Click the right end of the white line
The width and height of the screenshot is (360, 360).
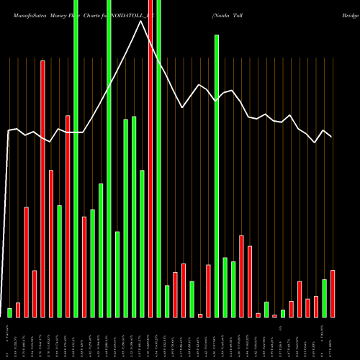pos(332,136)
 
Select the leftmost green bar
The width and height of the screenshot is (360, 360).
pos(10,312)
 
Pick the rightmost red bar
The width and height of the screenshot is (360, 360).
pos(333,293)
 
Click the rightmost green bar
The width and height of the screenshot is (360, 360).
pos(324,298)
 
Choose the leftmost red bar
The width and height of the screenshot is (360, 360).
pos(18,310)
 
